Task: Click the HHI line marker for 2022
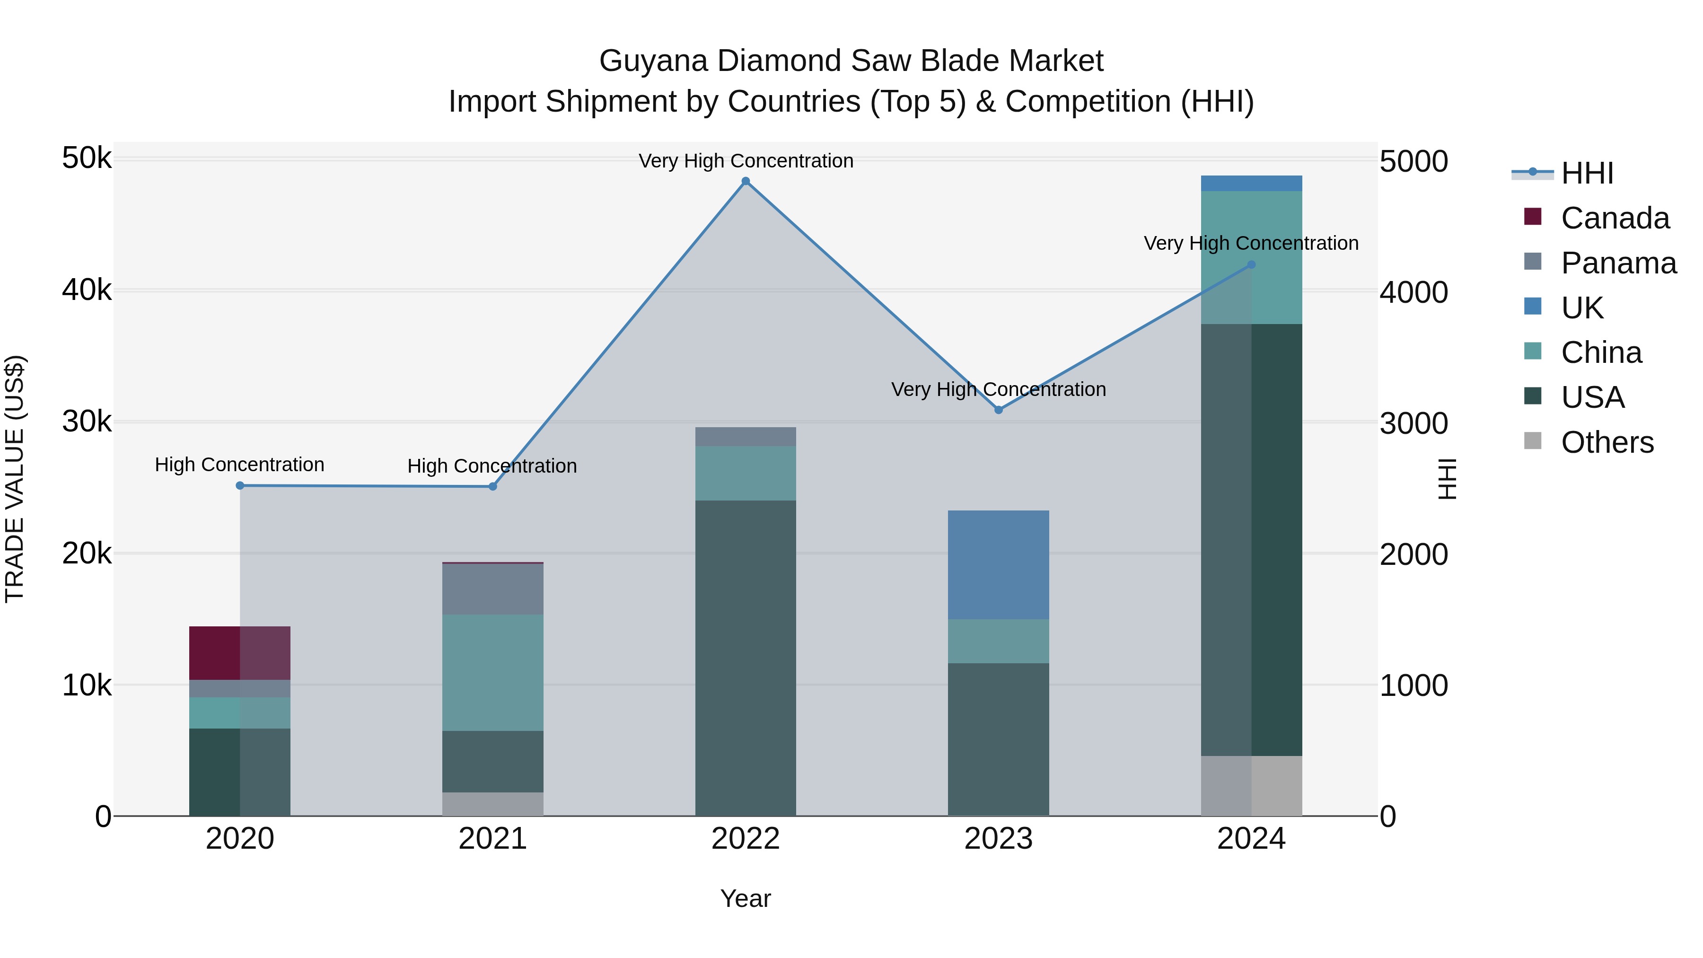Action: tap(746, 181)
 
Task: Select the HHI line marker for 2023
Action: tap(998, 410)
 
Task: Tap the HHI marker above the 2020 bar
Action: tap(240, 486)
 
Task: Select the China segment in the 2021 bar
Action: tap(492, 672)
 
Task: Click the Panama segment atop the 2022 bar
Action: tap(746, 436)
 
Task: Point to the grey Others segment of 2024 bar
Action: tap(1251, 785)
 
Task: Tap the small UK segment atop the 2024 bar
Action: tap(1251, 183)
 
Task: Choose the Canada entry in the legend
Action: tap(1615, 218)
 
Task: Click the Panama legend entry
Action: tap(1618, 263)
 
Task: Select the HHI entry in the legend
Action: tap(1587, 173)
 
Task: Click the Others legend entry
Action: tap(1606, 442)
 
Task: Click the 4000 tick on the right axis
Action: tap(1413, 292)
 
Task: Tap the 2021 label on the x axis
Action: tap(492, 839)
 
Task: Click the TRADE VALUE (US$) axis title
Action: tap(15, 479)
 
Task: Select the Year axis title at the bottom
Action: tap(745, 898)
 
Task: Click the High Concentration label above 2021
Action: tap(492, 466)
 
